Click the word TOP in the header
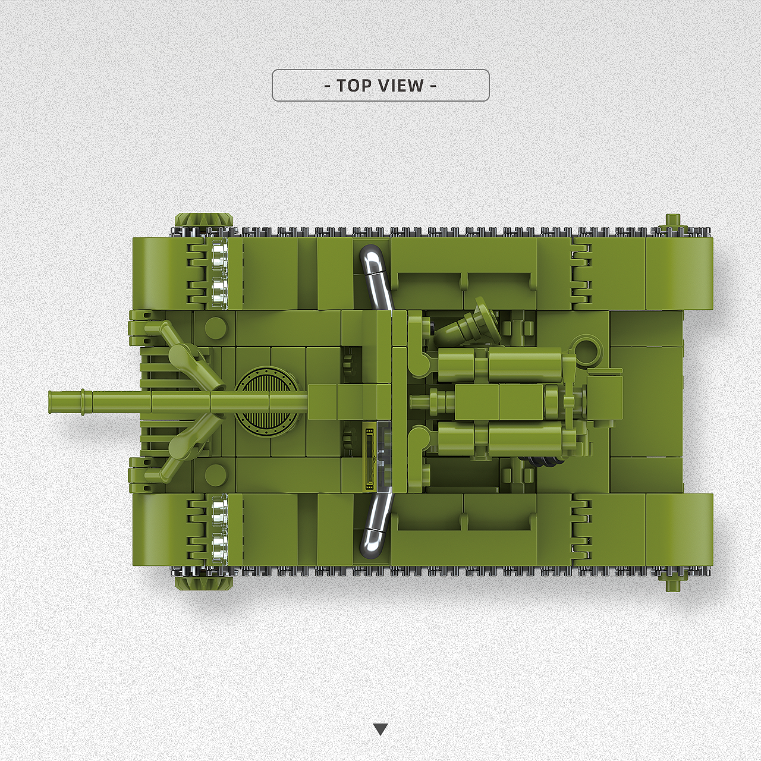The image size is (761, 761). pos(353,85)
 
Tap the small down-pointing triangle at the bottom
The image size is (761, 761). pos(380,729)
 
